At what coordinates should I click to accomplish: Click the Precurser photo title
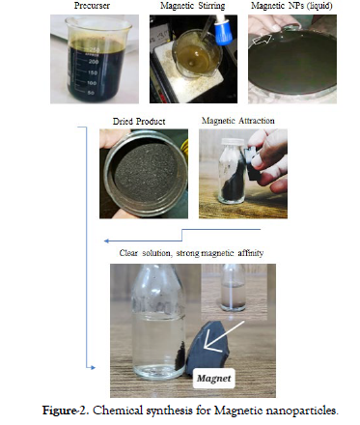coord(92,6)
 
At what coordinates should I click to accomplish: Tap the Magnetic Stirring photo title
coord(193,6)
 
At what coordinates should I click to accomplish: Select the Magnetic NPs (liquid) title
coord(291,6)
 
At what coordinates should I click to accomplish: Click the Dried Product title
coord(139,122)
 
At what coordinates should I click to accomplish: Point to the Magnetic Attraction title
coord(238,121)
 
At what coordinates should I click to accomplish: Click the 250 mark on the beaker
coord(95,50)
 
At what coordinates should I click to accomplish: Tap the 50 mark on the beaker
coord(91,93)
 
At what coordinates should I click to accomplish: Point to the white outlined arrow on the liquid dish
coord(262,40)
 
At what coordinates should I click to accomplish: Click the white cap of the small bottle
coord(234,142)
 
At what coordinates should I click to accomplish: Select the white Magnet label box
coord(214,379)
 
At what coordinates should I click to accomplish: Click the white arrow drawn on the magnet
coord(222,336)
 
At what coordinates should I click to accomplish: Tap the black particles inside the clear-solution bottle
coord(180,355)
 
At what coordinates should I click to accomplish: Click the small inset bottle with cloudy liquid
coord(234,288)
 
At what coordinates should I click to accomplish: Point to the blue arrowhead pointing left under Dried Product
coord(107,241)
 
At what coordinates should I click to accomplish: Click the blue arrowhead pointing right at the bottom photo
coord(93,367)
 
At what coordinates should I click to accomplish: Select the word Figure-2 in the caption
coord(66,411)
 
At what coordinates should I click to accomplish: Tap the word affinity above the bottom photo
coord(251,253)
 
